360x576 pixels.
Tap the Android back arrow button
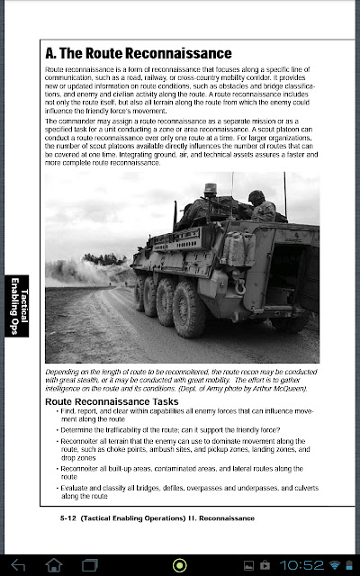[19, 564]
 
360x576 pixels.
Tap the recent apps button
[89, 564]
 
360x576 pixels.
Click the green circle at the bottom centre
[180, 564]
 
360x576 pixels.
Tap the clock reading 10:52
[302, 564]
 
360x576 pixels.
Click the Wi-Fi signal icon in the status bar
[335, 564]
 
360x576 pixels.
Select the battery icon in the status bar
[349, 564]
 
